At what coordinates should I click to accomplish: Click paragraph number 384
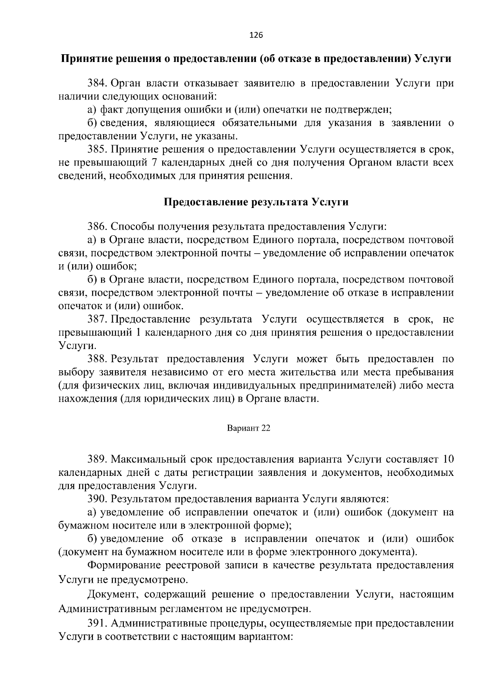click(97, 84)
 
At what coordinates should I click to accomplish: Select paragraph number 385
click(97, 150)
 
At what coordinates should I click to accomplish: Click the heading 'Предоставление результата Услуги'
click(256, 202)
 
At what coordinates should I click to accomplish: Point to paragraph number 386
click(97, 227)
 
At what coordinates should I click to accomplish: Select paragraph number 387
click(97, 319)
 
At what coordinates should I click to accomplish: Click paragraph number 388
click(97, 359)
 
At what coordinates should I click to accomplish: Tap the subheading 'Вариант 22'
click(249, 429)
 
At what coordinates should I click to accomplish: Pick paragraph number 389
click(97, 460)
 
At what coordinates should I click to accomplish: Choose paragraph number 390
click(97, 499)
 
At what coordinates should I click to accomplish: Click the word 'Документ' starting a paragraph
click(109, 594)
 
